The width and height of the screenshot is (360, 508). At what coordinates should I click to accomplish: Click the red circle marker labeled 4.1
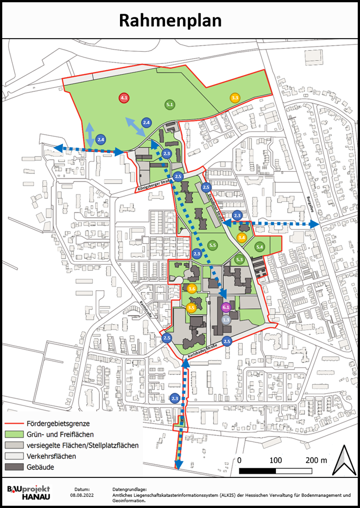coord(124,98)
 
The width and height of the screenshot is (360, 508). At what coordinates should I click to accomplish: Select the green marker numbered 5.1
coord(170,105)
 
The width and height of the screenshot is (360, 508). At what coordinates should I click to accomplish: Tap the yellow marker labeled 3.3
coord(235,97)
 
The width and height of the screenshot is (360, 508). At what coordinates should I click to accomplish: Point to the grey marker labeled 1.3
coord(226,320)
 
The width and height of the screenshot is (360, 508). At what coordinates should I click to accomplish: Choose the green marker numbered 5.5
coord(213,245)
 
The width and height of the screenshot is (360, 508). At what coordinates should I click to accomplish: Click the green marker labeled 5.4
coord(260,246)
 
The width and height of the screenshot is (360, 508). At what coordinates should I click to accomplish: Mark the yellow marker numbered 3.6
coord(192,289)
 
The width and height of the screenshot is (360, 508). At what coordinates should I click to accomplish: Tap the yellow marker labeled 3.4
coord(242,238)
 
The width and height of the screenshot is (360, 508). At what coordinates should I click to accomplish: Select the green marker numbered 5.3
coord(239,260)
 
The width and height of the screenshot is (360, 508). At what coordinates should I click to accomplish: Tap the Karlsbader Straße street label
coord(204,351)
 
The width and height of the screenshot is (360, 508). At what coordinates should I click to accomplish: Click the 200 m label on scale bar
coord(317,460)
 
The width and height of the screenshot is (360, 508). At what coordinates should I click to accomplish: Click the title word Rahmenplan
coord(170,20)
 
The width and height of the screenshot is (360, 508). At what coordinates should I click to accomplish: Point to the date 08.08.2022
coord(82,495)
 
